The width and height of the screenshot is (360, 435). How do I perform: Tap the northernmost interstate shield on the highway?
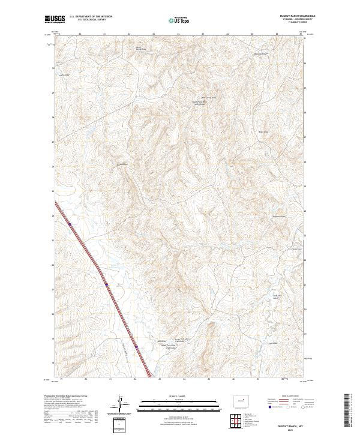[x=70, y=224]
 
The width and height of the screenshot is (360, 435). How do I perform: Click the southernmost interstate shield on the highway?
[x=136, y=346]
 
